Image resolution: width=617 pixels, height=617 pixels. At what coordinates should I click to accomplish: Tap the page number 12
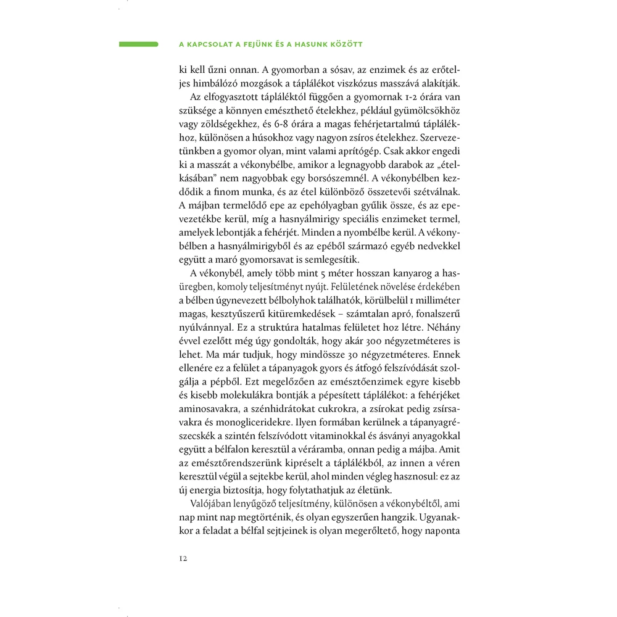tap(184, 558)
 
